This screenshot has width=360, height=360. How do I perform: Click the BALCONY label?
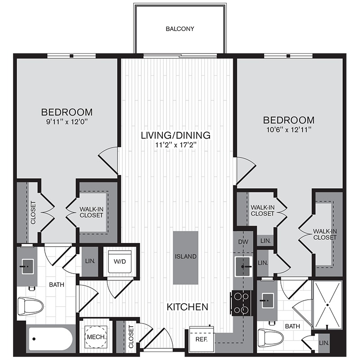pyautogui.click(x=180, y=29)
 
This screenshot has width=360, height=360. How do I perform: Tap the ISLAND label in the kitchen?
pyautogui.click(x=185, y=256)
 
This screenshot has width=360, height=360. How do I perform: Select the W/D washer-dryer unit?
pyautogui.click(x=120, y=261)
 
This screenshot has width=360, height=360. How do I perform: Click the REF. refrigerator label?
pyautogui.click(x=201, y=339)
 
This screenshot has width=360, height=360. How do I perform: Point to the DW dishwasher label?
pyautogui.click(x=243, y=242)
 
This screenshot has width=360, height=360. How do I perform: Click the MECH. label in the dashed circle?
pyautogui.click(x=96, y=337)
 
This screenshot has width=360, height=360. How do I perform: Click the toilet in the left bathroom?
pyautogui.click(x=30, y=306)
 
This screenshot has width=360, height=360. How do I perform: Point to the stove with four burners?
pyautogui.click(x=241, y=303)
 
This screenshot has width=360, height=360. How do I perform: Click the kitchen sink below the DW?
pyautogui.click(x=243, y=266)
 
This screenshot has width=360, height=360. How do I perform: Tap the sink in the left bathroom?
pyautogui.click(x=27, y=266)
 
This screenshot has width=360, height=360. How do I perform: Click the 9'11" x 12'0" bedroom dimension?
pyautogui.click(x=67, y=121)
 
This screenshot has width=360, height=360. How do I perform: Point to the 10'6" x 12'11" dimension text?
pyautogui.click(x=289, y=130)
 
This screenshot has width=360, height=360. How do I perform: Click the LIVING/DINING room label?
pyautogui.click(x=175, y=135)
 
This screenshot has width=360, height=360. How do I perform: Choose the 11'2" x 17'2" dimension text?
pyautogui.click(x=176, y=145)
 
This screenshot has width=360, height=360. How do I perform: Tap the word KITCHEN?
pyautogui.click(x=187, y=307)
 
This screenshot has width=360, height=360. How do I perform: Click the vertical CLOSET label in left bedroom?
pyautogui.click(x=33, y=212)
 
